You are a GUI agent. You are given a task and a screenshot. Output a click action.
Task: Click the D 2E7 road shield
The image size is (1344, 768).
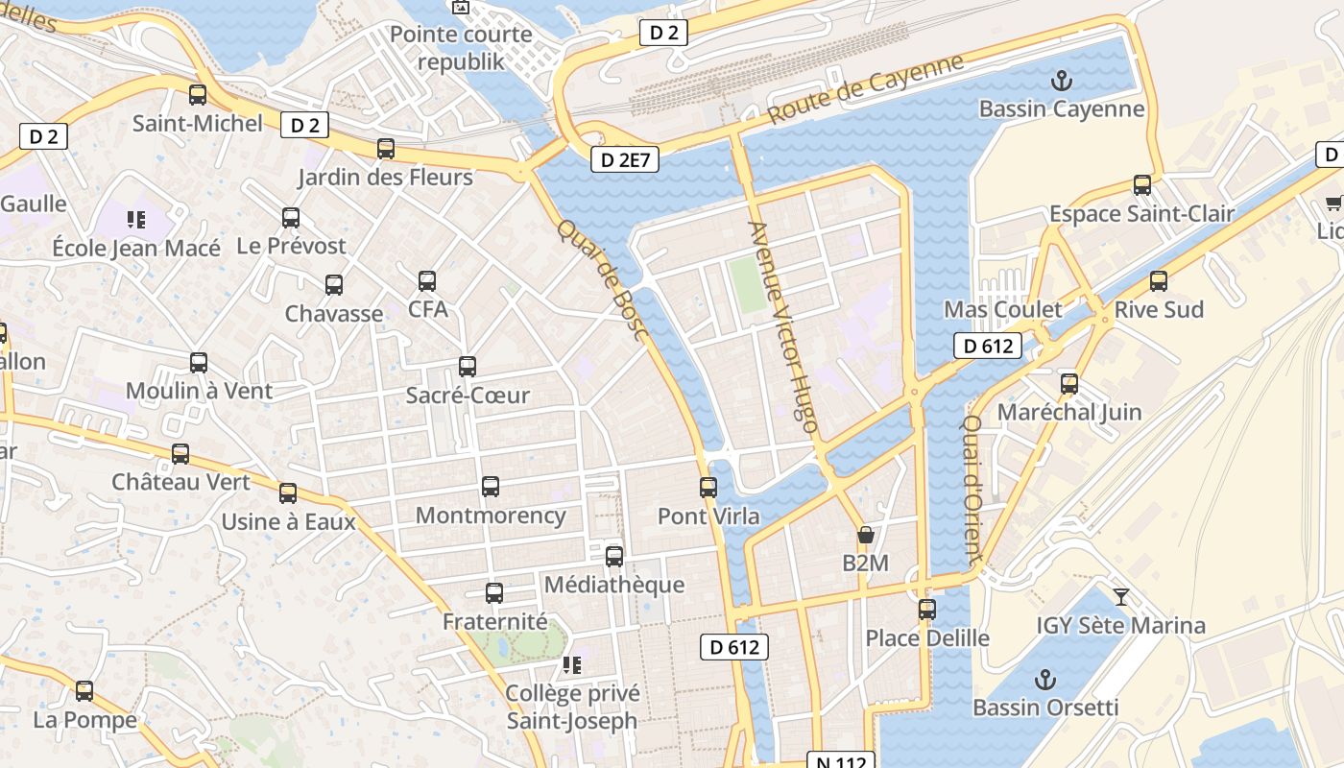pos(626,159)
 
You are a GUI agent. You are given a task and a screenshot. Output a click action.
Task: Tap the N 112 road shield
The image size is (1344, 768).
pos(841,761)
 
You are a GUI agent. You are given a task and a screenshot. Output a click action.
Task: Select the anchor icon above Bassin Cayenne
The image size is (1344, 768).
pos(1062,81)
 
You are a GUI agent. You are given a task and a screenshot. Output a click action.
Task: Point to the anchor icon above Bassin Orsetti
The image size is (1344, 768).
pos(1045,681)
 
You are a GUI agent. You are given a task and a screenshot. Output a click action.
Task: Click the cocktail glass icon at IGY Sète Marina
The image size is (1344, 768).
pos(1120,597)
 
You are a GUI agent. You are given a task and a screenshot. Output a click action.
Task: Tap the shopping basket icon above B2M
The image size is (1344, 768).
pos(866,535)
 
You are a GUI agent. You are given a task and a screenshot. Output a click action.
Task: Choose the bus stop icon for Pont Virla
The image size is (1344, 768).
pos(708,488)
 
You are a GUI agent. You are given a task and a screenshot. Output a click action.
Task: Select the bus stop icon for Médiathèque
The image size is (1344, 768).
pos(614,557)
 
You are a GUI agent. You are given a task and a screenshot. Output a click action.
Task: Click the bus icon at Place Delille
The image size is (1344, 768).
pos(927,610)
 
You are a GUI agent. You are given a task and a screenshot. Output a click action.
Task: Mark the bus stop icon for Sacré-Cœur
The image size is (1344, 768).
pos(468,367)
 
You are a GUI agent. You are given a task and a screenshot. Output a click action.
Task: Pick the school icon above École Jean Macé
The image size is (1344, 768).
pos(136,220)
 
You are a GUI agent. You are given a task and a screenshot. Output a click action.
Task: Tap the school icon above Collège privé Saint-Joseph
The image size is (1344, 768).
pos(572,665)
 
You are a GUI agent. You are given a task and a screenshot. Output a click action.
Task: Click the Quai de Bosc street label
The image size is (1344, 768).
pos(604,279)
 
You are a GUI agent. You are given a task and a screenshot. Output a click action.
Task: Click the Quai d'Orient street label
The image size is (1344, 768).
pos(972,489)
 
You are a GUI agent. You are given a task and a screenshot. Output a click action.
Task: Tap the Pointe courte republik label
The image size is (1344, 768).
pos(461,48)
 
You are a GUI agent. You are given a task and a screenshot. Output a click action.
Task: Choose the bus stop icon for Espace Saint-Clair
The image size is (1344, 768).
pos(1142,185)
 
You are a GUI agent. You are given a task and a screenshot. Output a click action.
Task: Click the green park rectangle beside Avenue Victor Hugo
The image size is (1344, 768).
pos(747,284)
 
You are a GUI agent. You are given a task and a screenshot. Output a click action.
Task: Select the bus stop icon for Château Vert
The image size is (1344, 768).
pos(180,454)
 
